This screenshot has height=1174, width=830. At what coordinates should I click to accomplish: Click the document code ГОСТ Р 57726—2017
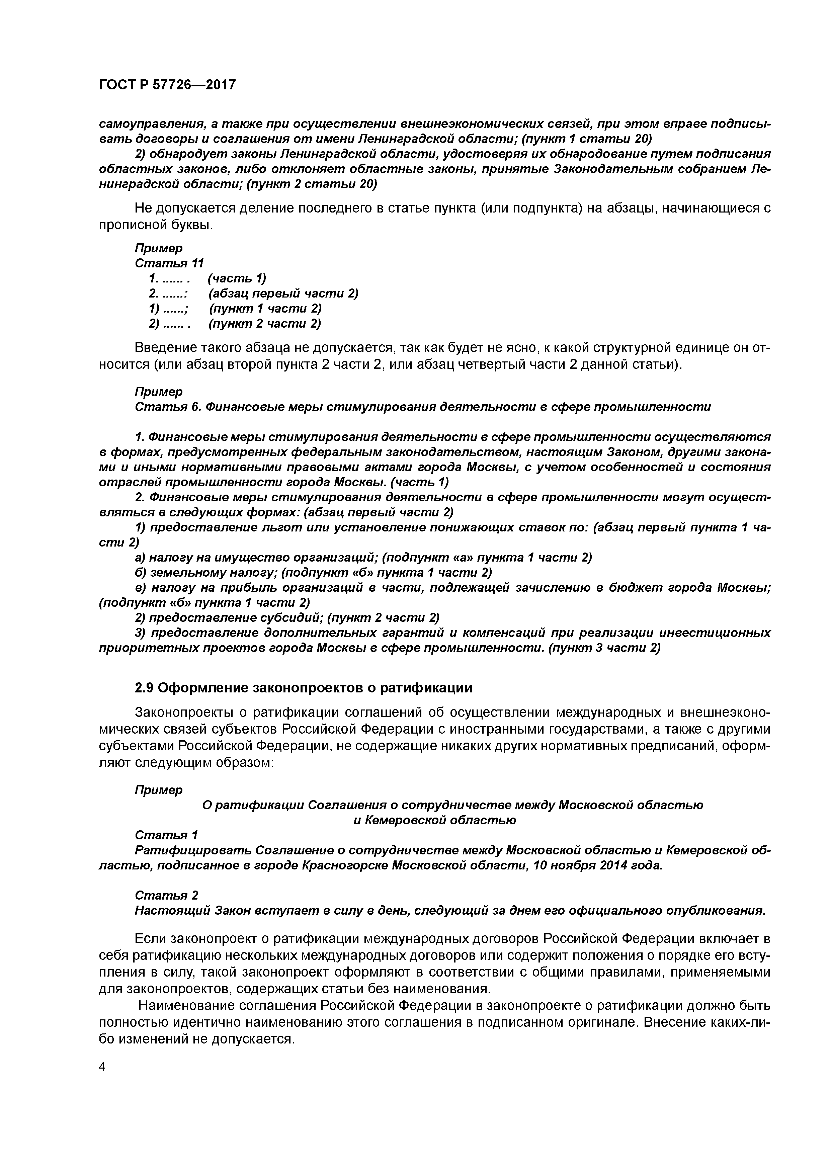click(167, 85)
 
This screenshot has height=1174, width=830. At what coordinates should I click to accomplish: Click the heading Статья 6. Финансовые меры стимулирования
click(422, 407)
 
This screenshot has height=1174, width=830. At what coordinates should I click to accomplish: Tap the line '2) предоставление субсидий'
click(287, 618)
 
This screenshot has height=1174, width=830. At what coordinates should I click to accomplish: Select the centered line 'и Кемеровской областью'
click(435, 820)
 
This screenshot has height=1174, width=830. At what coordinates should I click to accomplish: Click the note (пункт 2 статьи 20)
click(312, 184)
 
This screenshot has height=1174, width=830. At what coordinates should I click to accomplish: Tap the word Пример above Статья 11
click(159, 248)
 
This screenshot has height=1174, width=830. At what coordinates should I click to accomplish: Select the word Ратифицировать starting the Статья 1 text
click(193, 850)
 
